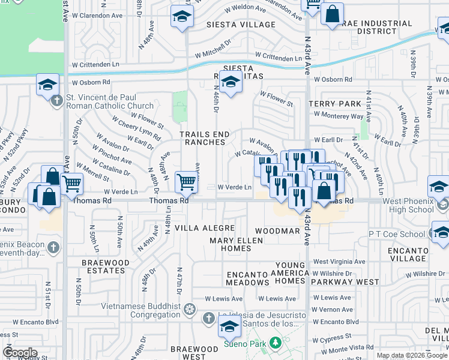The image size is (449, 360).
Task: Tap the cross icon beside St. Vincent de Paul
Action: [x=58, y=100]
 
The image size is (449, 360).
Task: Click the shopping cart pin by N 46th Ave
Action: [x=187, y=182]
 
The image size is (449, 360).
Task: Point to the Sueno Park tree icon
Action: [x=275, y=343]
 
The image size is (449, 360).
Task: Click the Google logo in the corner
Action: [x=20, y=353]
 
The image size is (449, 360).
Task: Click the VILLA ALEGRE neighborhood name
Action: [x=199, y=229]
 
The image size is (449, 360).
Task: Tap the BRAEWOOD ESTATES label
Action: [x=106, y=266]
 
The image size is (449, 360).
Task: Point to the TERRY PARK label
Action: [x=334, y=104]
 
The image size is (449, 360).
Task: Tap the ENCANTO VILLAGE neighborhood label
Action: [x=408, y=254]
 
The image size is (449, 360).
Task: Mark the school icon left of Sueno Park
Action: [x=229, y=327]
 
